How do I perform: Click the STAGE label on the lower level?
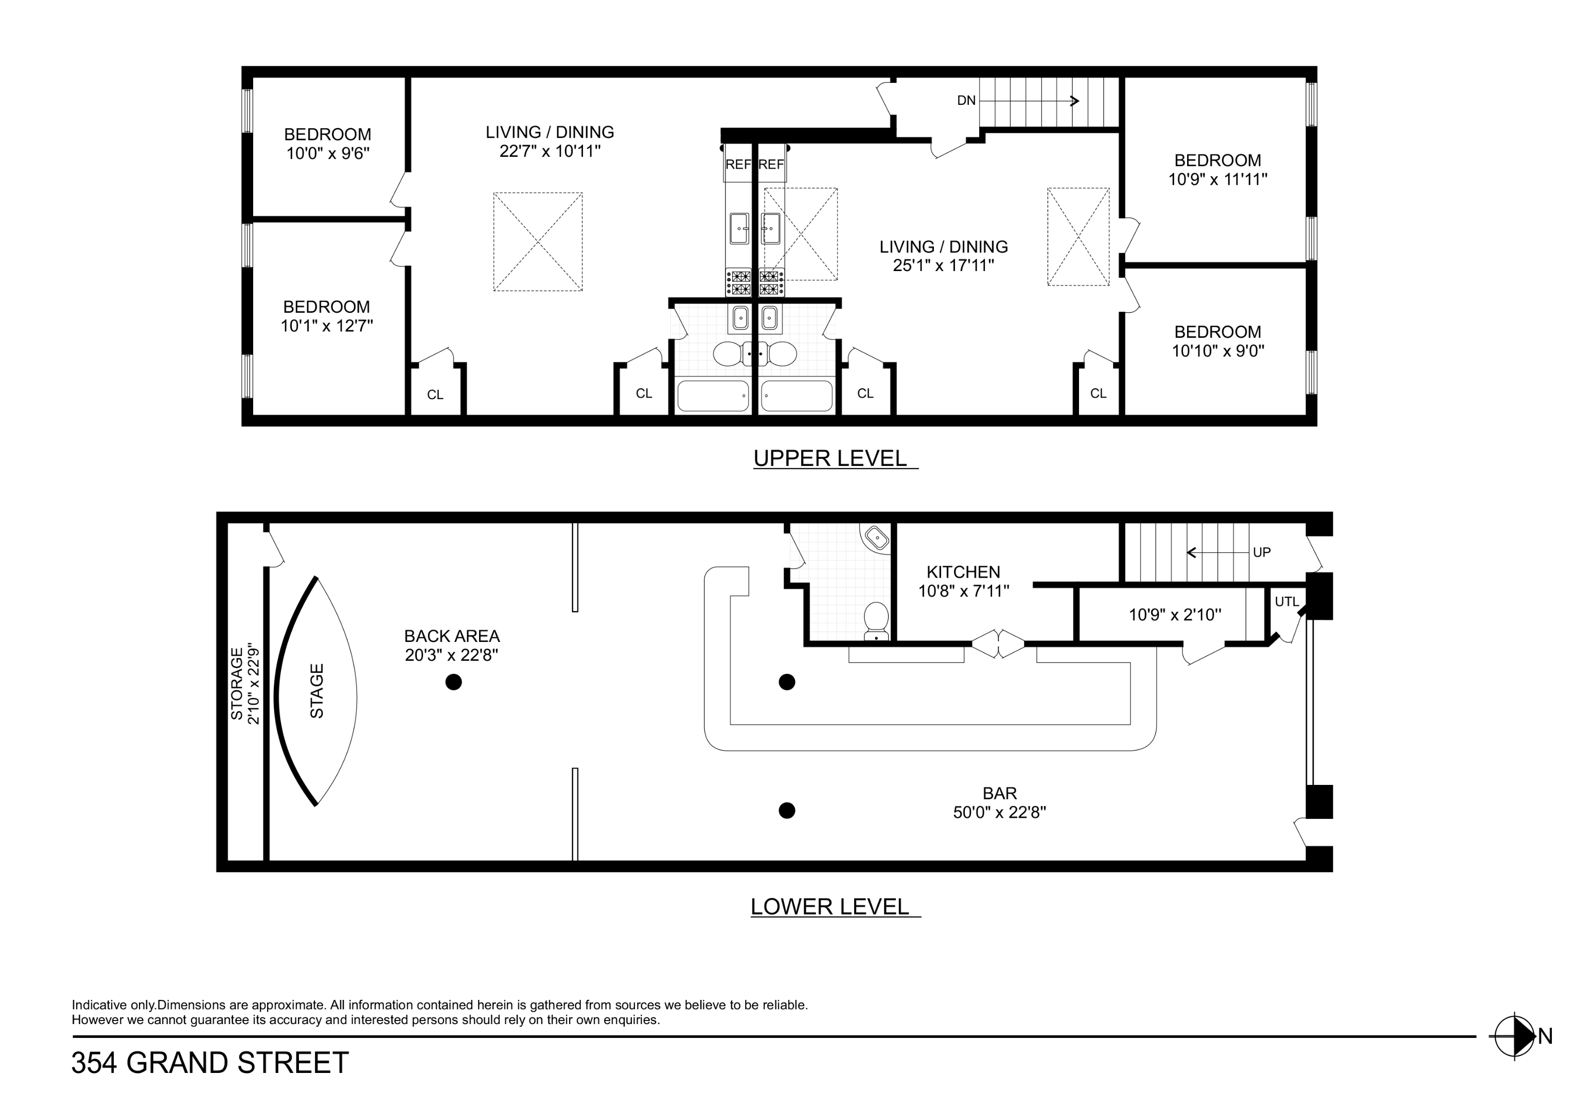pos(316,691)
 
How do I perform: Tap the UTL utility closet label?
pos(1286,602)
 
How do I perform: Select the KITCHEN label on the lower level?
pos(963,571)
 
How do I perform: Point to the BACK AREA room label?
pos(451,636)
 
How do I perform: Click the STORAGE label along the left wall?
pos(237,684)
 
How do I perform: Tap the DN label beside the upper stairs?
pos(965,101)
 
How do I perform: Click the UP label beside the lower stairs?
pos(1261,552)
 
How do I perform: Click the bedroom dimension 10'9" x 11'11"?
pos(1217,180)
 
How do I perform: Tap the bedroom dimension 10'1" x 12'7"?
pos(327,326)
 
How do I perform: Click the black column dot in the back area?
pos(453,682)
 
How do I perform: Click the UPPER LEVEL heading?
pos(830,458)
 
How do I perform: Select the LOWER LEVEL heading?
pos(830,906)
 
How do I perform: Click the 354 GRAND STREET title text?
pos(210,1063)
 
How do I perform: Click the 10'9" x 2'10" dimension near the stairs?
pos(1174,615)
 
